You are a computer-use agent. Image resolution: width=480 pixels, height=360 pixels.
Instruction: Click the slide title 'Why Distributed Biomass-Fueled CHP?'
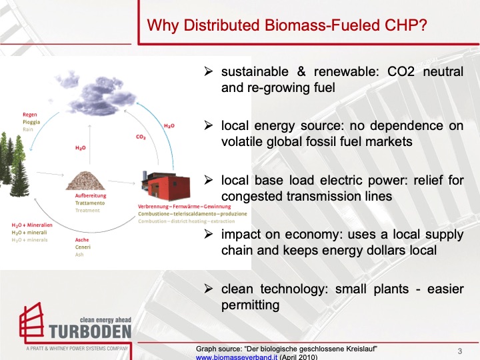tap(287, 26)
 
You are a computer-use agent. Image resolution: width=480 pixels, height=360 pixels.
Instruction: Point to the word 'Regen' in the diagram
tap(29, 115)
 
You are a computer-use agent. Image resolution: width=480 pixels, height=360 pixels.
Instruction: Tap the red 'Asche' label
tap(82, 240)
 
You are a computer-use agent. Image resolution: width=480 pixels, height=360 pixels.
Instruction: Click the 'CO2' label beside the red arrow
tap(141, 137)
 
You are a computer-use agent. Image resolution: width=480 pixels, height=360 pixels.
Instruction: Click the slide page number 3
tap(460, 351)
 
